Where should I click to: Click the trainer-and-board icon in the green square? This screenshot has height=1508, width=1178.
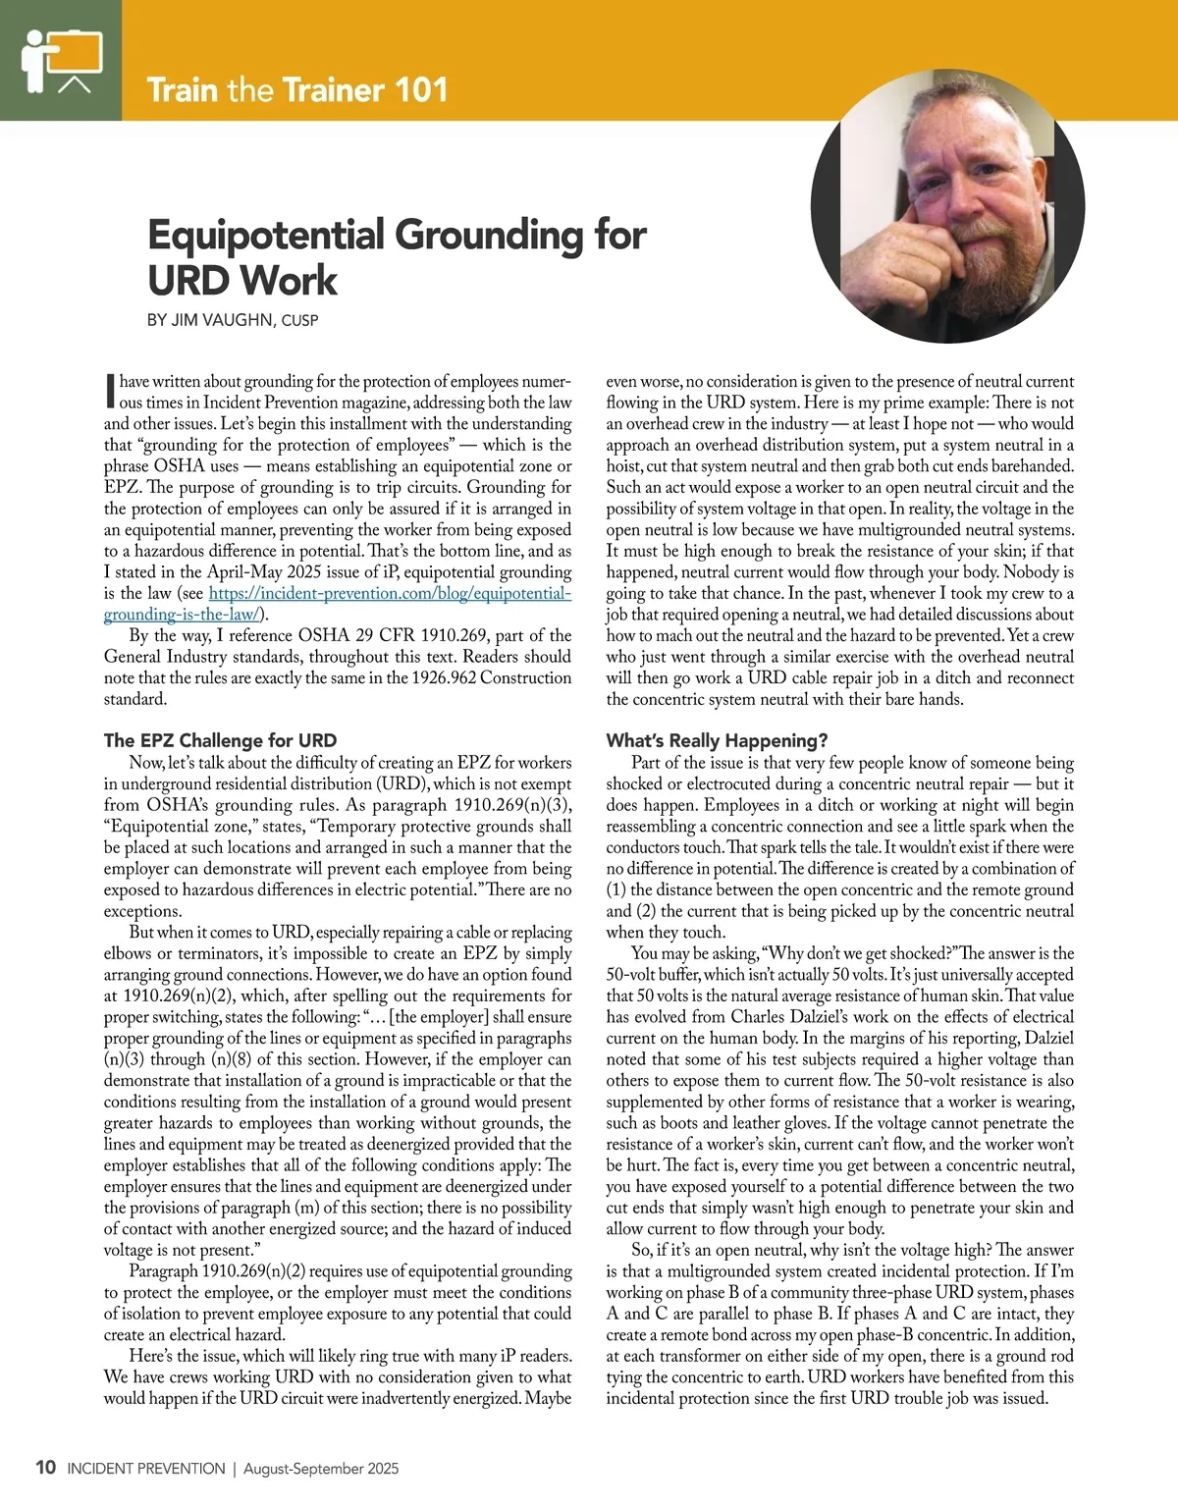coord(61,59)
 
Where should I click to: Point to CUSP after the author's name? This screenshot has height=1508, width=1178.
coord(299,320)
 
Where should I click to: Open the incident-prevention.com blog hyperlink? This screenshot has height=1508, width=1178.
coord(389,594)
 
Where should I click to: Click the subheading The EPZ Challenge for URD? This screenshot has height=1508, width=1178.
coord(220,740)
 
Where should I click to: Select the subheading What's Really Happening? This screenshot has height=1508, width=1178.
coord(717,740)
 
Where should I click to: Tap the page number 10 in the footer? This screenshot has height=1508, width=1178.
coord(45,1468)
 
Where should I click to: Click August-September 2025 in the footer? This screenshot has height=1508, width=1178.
coord(321,1469)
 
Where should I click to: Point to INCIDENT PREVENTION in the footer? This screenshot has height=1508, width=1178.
coord(146,1469)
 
